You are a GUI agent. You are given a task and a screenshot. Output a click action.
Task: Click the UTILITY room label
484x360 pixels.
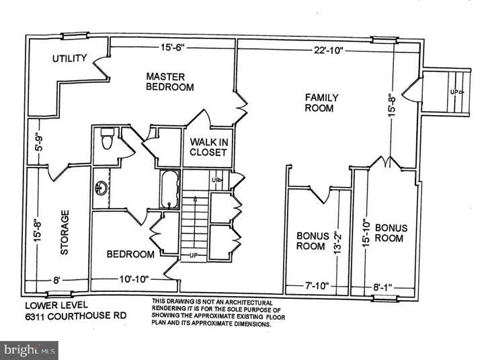point(69,59)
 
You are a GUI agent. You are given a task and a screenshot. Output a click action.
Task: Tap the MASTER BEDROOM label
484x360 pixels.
point(170,81)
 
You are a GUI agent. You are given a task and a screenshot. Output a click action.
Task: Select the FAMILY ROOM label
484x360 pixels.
point(321,102)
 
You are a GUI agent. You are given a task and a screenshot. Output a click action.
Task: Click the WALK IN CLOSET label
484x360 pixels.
point(208,147)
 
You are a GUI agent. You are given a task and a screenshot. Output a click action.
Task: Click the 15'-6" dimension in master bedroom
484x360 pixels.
point(172,48)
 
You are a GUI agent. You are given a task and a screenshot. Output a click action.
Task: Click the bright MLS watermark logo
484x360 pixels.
point(29,350)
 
